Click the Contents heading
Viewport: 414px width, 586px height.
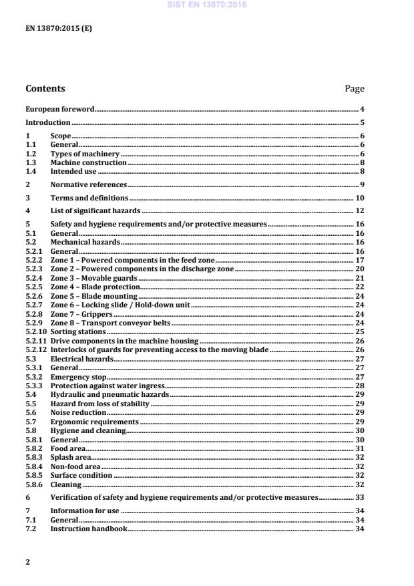[45, 88]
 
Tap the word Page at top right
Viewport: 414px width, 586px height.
[355, 88]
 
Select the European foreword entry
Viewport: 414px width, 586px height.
[59, 109]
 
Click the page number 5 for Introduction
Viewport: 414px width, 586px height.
[362, 123]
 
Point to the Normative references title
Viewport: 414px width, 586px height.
[88, 184]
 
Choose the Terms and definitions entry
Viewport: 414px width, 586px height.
[89, 198]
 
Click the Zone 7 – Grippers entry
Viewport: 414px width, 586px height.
[81, 313]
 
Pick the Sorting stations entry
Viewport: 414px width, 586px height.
[78, 331]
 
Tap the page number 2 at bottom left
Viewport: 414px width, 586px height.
[27, 562]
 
